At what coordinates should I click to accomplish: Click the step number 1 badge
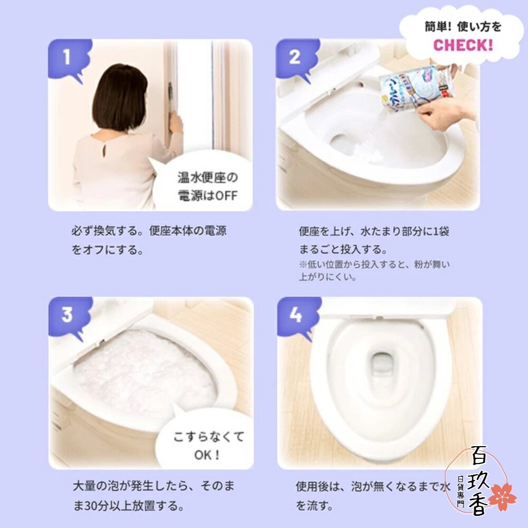[x=67, y=57]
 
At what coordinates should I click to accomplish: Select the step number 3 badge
[x=67, y=315]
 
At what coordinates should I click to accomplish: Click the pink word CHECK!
[x=463, y=44]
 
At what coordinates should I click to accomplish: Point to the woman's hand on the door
[x=175, y=122]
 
